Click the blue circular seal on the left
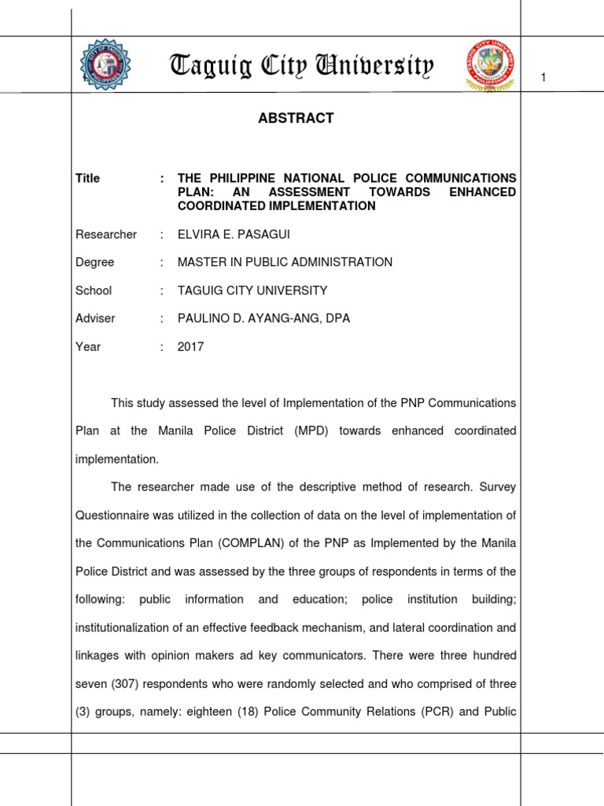[106, 63]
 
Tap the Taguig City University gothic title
[301, 66]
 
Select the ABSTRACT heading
[296, 118]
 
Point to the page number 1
[543, 76]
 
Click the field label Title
[87, 179]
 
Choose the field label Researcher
[105, 235]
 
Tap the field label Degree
[94, 262]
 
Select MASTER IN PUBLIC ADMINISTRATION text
[285, 262]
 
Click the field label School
[94, 290]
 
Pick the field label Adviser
[95, 319]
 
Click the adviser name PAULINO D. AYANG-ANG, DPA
[264, 319]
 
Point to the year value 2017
[191, 346]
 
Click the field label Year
[88, 346]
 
